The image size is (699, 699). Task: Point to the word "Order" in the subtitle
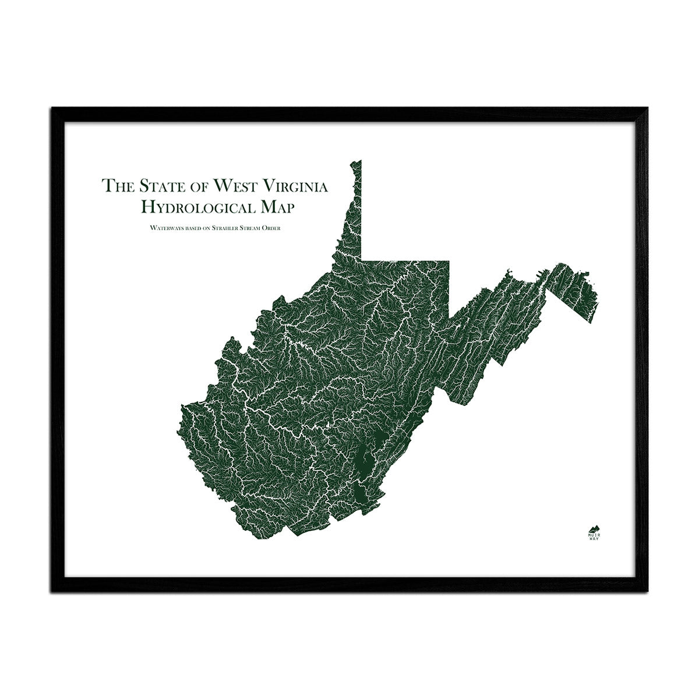pos(270,228)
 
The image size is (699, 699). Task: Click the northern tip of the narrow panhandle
pos(360,161)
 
